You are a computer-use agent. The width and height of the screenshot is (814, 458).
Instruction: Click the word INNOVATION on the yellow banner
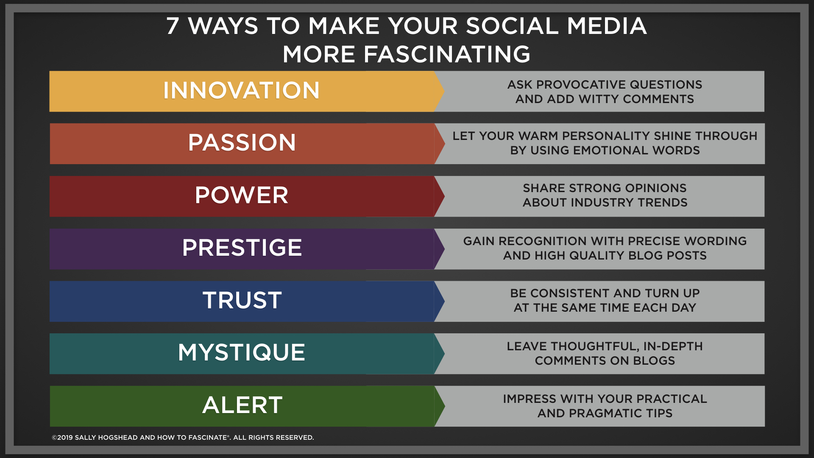click(241, 90)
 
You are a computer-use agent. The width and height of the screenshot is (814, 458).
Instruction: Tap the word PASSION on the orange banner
click(242, 142)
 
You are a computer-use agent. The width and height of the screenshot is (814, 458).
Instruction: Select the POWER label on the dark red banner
click(242, 195)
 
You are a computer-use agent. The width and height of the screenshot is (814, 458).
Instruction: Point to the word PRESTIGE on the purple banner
click(242, 248)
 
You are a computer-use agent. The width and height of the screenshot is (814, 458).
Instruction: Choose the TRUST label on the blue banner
click(242, 300)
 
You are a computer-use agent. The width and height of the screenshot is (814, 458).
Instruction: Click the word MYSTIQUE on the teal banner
click(242, 352)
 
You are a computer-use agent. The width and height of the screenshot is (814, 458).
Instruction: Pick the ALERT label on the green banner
click(243, 405)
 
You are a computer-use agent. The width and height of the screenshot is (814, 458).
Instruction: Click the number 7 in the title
click(173, 26)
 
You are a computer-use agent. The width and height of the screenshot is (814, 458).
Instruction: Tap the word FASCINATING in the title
click(447, 54)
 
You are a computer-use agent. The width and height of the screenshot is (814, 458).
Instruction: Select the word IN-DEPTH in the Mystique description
click(673, 346)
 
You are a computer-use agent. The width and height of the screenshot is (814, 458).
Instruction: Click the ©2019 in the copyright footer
click(62, 438)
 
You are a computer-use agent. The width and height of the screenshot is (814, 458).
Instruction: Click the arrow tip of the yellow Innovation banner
click(444, 91)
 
